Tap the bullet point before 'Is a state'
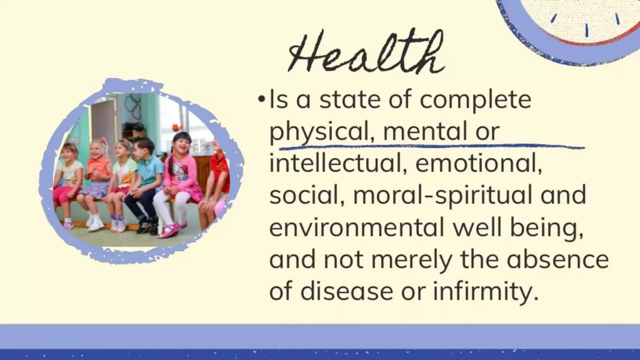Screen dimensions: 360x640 [x=261, y=100]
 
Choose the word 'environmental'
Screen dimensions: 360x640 [x=356, y=227]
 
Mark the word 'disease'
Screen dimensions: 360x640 [x=347, y=291]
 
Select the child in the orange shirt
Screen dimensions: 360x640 [x=98, y=169]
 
